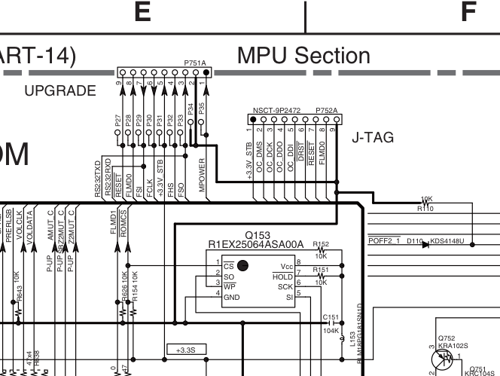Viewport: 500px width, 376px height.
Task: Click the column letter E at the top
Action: tap(144, 13)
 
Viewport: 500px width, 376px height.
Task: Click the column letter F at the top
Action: tap(468, 13)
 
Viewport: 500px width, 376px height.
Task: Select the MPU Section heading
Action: tap(303, 56)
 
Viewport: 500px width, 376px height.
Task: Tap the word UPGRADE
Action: tap(60, 91)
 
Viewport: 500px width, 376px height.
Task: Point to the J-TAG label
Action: tap(373, 139)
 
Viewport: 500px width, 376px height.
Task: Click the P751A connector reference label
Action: tap(194, 66)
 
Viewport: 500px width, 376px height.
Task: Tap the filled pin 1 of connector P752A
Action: tap(252, 118)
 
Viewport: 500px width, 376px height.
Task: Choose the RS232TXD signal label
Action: tap(99, 179)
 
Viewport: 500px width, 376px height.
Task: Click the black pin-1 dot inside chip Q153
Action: tap(242, 264)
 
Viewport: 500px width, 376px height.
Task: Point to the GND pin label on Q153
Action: tap(232, 297)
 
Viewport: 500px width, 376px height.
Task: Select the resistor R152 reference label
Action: tap(321, 244)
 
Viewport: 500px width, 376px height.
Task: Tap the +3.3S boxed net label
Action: tap(185, 350)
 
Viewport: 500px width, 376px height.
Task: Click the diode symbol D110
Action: tap(422, 242)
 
